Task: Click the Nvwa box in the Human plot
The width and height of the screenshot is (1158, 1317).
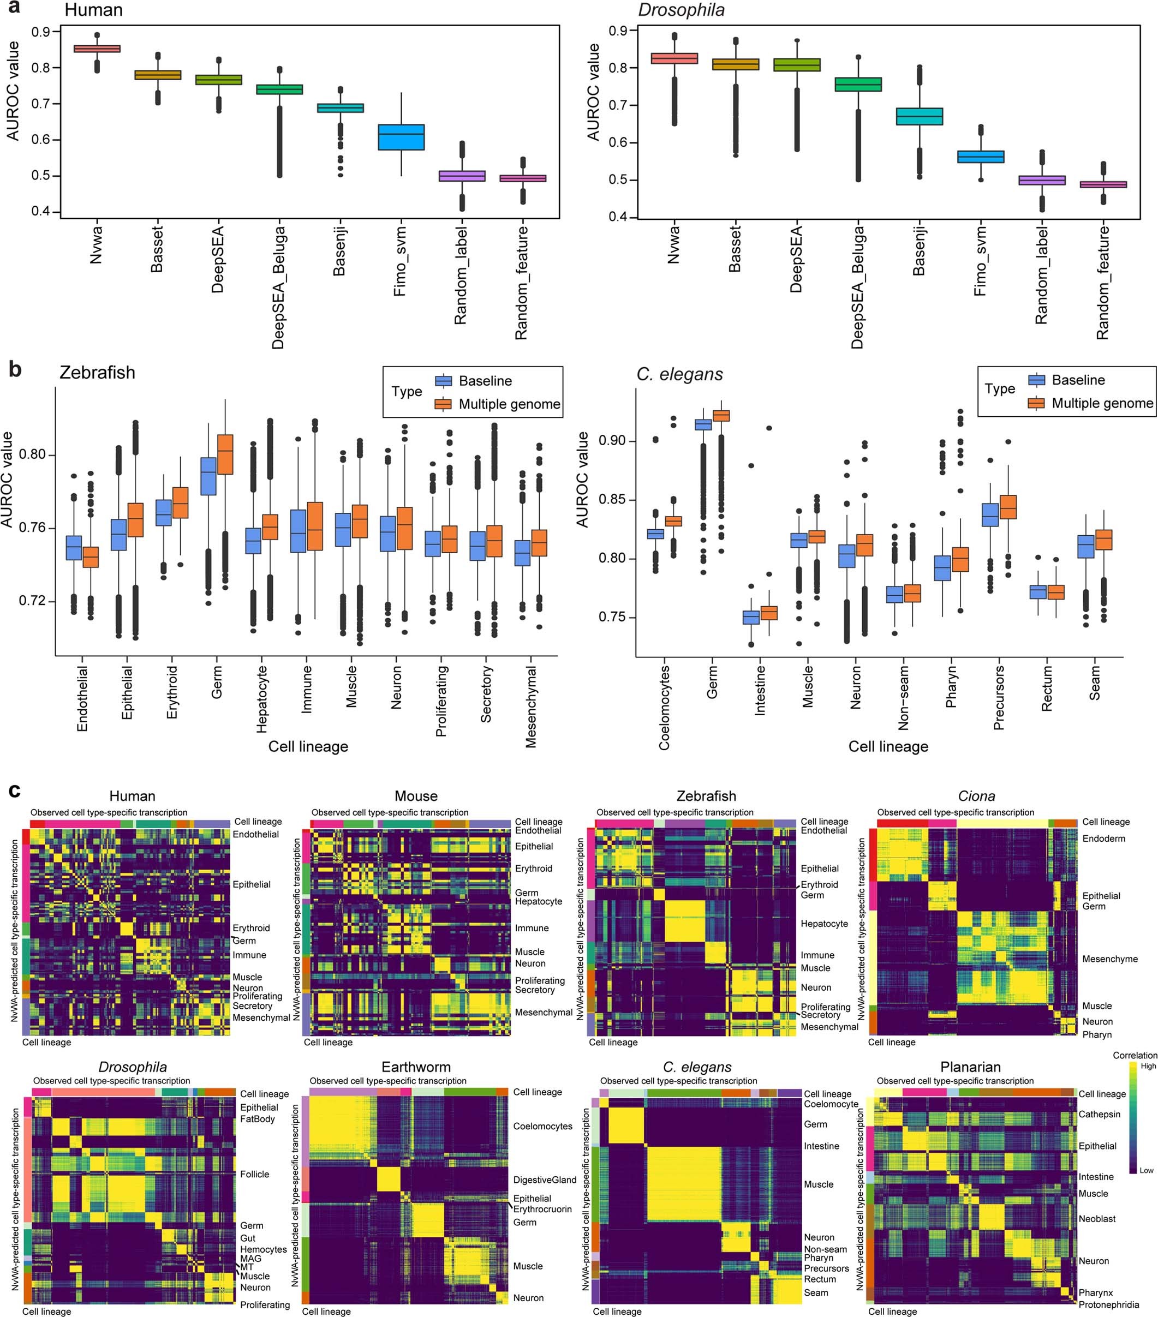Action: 97,49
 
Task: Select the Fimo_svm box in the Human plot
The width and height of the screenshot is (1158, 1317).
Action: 401,137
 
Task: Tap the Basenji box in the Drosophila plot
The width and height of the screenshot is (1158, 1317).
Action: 920,117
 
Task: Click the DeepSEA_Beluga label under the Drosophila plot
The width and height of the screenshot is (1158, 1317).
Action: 858,288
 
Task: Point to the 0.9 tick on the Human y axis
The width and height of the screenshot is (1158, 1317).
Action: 41,32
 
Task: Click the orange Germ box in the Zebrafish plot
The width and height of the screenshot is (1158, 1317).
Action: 225,454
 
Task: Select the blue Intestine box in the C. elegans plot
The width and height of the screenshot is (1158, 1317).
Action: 751,616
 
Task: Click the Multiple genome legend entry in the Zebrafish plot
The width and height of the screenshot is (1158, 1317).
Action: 509,404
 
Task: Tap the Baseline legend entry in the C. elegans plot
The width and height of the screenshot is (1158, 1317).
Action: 1078,380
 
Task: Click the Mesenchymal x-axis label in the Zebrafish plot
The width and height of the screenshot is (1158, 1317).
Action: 531,707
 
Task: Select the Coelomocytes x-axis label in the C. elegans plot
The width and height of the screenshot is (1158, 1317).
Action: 664,708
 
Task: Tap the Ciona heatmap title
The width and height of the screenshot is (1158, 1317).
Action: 976,796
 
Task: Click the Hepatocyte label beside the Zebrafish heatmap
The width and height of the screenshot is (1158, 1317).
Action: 824,923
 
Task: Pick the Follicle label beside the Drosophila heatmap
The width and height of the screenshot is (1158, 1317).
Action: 254,1174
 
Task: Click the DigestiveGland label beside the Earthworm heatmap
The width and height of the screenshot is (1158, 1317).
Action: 545,1180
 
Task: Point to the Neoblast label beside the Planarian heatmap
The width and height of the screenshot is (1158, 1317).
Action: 1097,1218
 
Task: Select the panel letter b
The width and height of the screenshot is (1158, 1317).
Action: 15,369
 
